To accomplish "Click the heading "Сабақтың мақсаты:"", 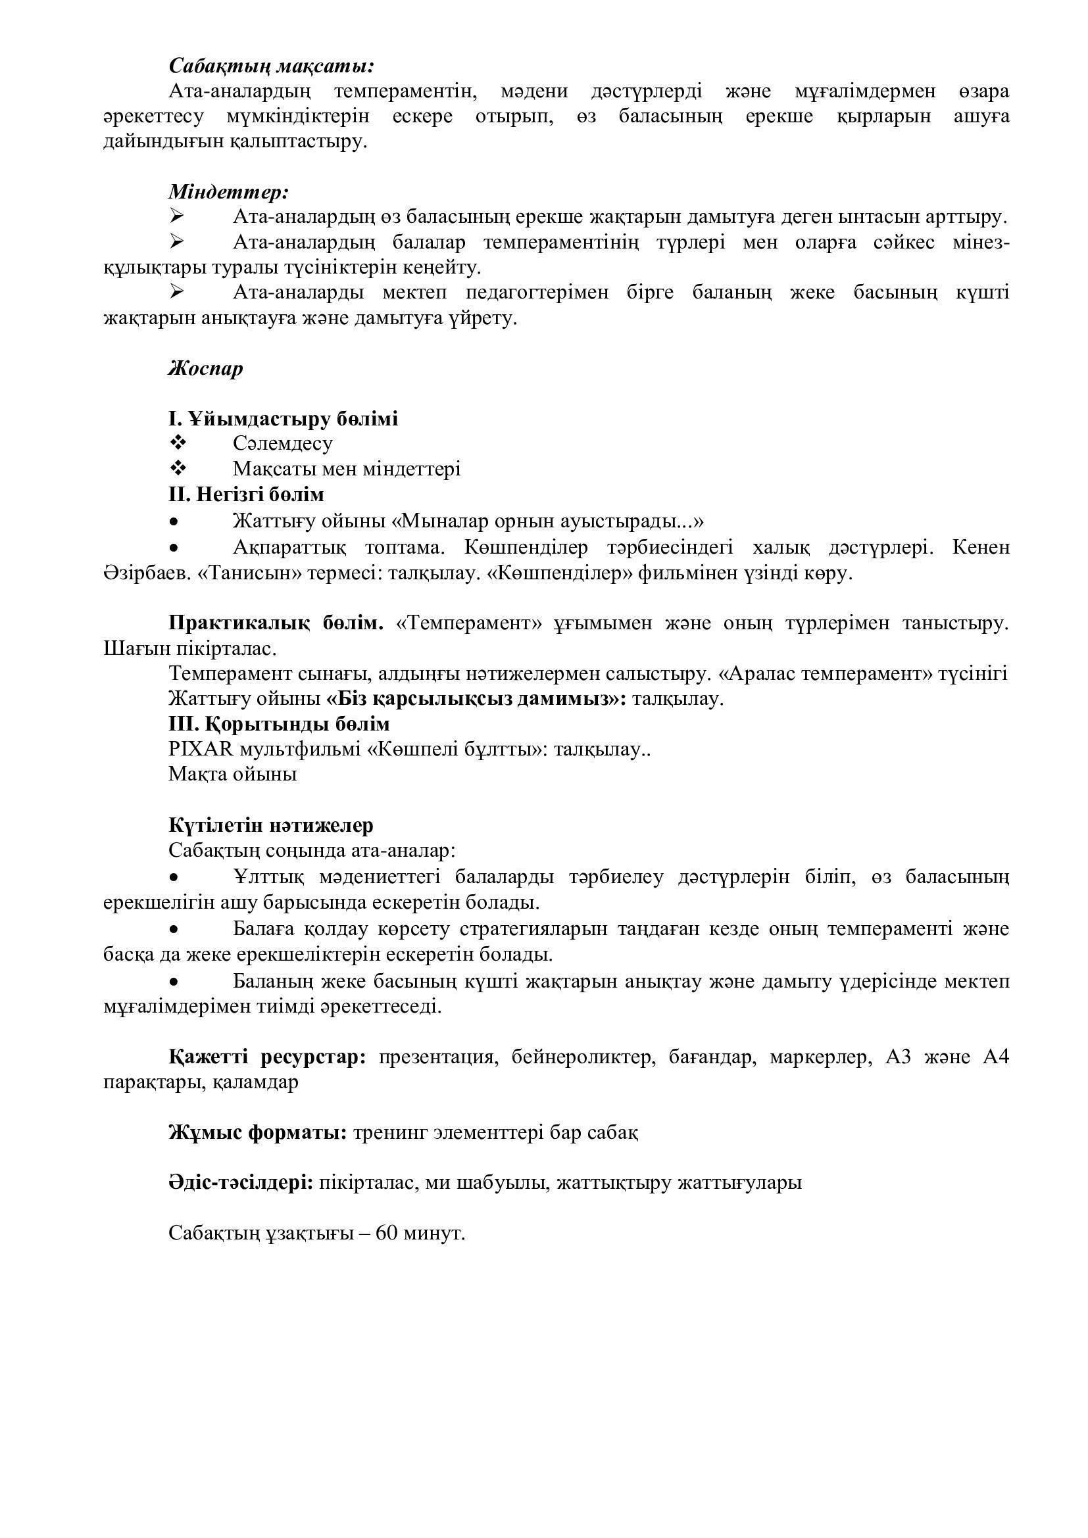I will pos(271,66).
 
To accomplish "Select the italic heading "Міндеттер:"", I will pos(228,191).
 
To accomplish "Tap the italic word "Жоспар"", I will pos(206,368).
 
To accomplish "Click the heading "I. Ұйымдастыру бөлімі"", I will pos(283,419).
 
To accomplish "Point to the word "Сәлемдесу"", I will pos(283,443).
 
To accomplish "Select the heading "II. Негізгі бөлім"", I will pos(246,494).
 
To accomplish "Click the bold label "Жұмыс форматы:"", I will pos(257,1132).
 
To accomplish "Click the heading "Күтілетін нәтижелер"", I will pos(270,825).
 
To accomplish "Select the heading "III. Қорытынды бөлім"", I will pos(279,724).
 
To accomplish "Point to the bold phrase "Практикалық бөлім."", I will pos(276,623).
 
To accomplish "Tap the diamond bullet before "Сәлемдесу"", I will pos(178,443).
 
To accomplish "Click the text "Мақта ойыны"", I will pos(232,775).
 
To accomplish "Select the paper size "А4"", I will pos(995,1057).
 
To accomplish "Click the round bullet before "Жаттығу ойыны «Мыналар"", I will pos(174,521).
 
